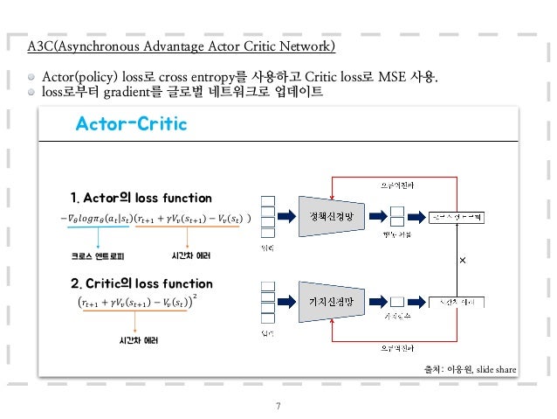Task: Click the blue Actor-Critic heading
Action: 131,124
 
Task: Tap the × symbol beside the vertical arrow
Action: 463,261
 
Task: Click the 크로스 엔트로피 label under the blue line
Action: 98,257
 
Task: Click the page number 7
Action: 278,406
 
